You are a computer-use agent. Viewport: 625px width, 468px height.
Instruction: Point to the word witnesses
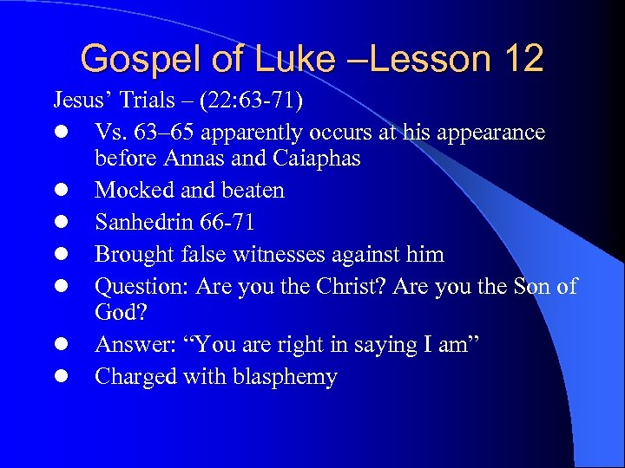307,255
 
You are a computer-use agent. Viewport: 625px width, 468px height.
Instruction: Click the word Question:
141,286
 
